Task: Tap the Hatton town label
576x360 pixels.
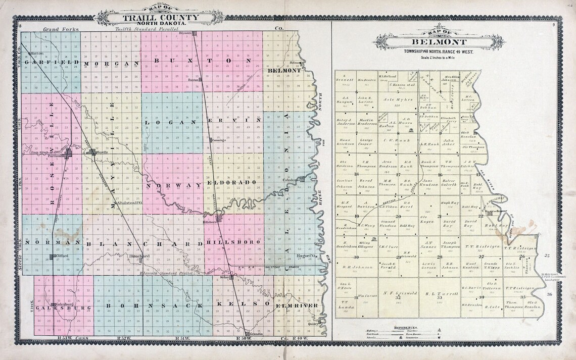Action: click(x=37, y=53)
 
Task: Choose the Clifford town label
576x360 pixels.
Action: click(x=63, y=256)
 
